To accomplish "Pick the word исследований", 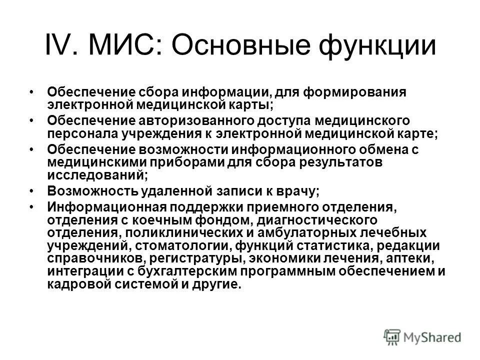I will (97, 176).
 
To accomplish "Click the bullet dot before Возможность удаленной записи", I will (32, 190).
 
